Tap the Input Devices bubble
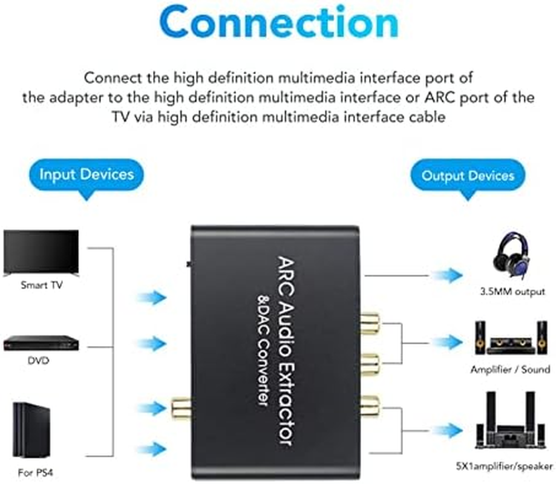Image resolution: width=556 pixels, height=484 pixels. (x=87, y=175)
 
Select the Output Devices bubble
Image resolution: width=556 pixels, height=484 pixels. (x=468, y=175)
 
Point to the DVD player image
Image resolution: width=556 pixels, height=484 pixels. (x=41, y=343)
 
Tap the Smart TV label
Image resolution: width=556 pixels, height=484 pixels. (x=41, y=284)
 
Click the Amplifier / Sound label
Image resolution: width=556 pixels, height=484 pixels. (x=509, y=369)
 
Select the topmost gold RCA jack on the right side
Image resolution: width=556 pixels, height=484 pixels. (x=370, y=322)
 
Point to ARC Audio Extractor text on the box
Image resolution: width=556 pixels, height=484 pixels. (x=285, y=351)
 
